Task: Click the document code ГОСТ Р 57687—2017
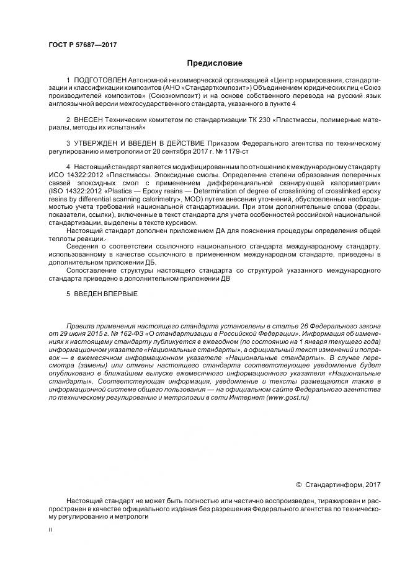click(x=82, y=45)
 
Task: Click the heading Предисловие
click(x=215, y=63)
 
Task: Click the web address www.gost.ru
click(x=287, y=398)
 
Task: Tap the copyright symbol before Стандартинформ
click(x=298, y=484)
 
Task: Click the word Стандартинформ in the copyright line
click(x=332, y=484)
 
